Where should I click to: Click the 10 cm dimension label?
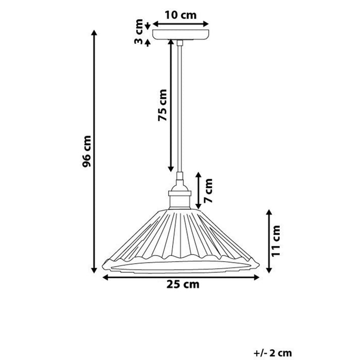(x=181, y=14)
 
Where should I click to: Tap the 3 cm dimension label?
(x=139, y=32)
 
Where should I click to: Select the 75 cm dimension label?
(x=163, y=105)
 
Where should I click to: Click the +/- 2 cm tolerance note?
(x=273, y=352)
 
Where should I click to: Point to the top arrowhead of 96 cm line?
(x=94, y=32)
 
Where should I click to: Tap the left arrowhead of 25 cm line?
(x=104, y=278)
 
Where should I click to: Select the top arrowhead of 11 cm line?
(x=268, y=211)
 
